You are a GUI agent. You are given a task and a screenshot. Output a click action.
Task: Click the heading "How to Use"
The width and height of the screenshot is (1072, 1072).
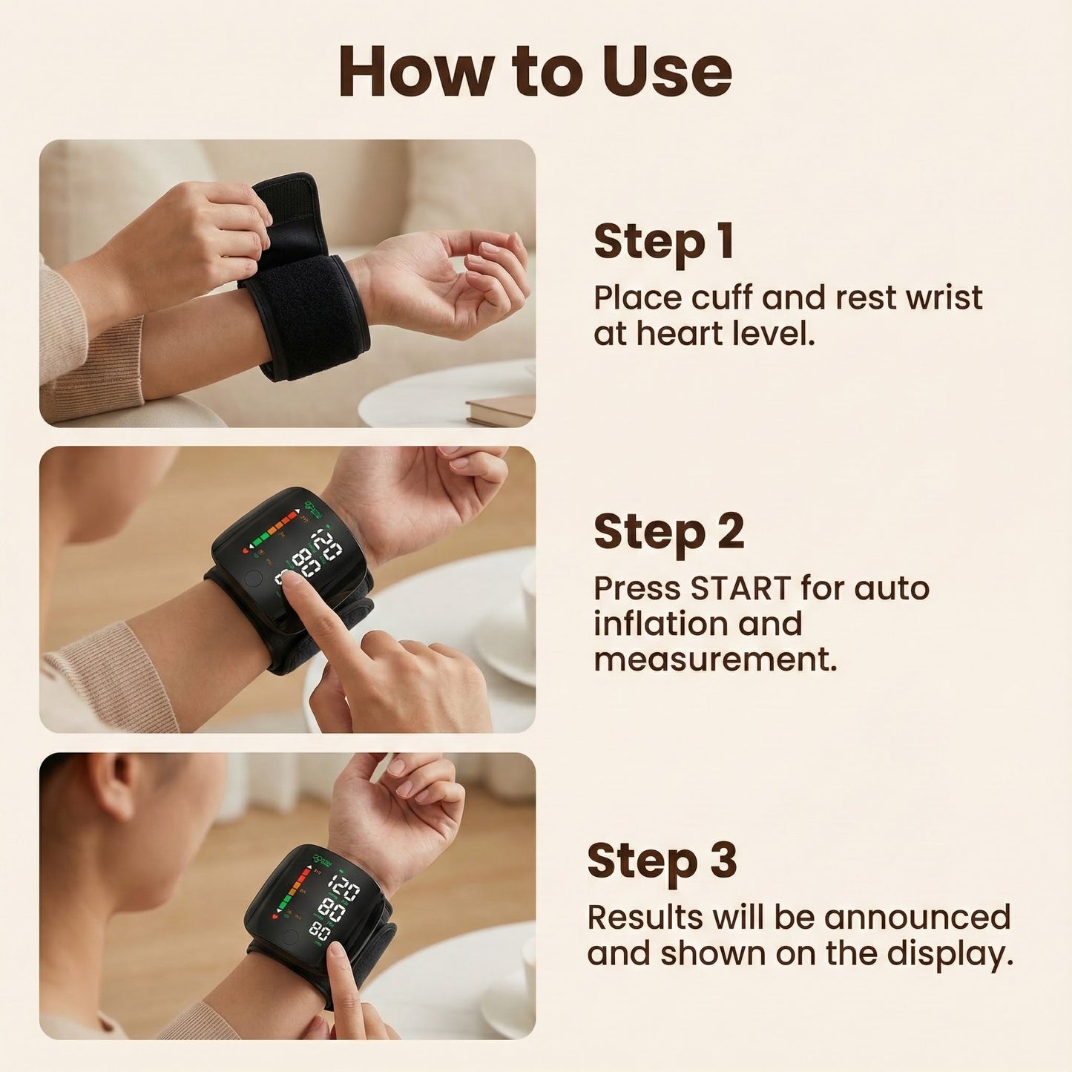(535, 71)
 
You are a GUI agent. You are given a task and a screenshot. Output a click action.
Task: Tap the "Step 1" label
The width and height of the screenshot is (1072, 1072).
(663, 242)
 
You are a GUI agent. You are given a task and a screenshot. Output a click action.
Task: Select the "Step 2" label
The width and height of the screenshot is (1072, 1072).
(668, 532)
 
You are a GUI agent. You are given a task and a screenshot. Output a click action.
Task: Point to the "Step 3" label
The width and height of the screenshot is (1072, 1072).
(662, 861)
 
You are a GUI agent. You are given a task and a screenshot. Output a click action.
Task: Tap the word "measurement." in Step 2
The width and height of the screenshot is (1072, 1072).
(715, 660)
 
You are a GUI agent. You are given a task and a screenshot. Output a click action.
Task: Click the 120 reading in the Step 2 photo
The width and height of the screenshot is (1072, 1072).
(327, 545)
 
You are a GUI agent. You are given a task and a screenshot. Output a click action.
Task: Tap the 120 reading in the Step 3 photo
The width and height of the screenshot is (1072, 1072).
(343, 887)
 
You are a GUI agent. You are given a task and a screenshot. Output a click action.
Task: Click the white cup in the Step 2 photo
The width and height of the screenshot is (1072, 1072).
(528, 593)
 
